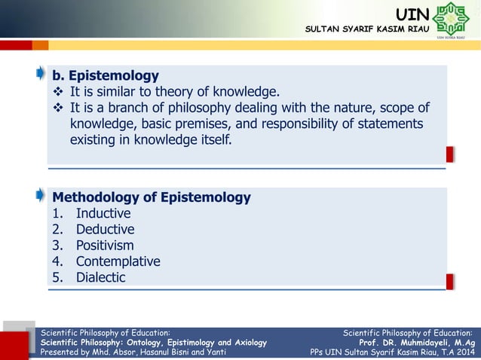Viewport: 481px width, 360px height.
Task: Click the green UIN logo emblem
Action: click(x=451, y=20)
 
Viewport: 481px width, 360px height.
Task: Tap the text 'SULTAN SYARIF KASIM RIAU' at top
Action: click(x=364, y=29)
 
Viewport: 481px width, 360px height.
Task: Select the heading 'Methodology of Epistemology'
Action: click(x=151, y=198)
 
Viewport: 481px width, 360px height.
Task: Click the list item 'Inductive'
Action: click(x=103, y=214)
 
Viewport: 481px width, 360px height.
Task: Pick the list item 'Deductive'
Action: click(x=105, y=230)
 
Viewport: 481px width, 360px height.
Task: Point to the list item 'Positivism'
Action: click(x=105, y=246)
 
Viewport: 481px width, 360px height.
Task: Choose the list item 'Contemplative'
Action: click(x=118, y=261)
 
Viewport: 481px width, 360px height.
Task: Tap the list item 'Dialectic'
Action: click(x=100, y=277)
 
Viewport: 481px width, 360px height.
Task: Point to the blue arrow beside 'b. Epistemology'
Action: click(x=39, y=74)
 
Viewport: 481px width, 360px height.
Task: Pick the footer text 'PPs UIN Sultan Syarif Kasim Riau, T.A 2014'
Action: click(x=392, y=352)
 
